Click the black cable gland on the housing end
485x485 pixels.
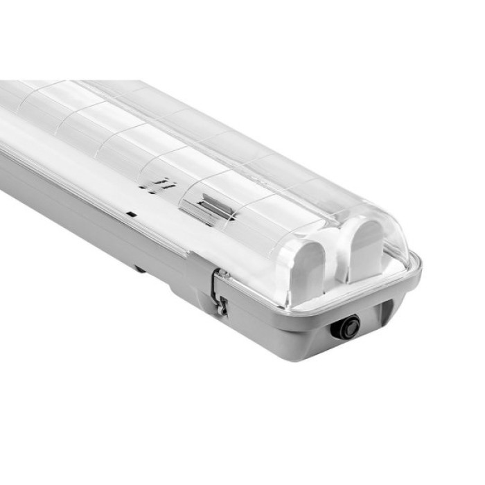pos(345,327)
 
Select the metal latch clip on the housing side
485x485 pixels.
pos(220,292)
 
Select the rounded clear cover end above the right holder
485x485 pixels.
pos(381,225)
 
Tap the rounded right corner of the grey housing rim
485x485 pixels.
pos(414,267)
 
